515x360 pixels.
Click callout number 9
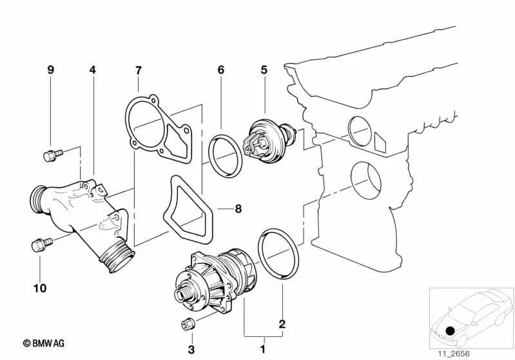[51, 69]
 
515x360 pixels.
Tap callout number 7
[138, 69]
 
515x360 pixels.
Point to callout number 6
[220, 69]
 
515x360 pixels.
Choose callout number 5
[264, 69]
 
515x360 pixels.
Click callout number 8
[238, 209]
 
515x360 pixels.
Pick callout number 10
[39, 289]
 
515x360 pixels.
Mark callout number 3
[191, 350]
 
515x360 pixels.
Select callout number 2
[282, 324]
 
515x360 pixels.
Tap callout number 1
[262, 350]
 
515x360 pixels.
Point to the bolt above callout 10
[39, 245]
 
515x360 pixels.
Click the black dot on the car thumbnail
[450, 330]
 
